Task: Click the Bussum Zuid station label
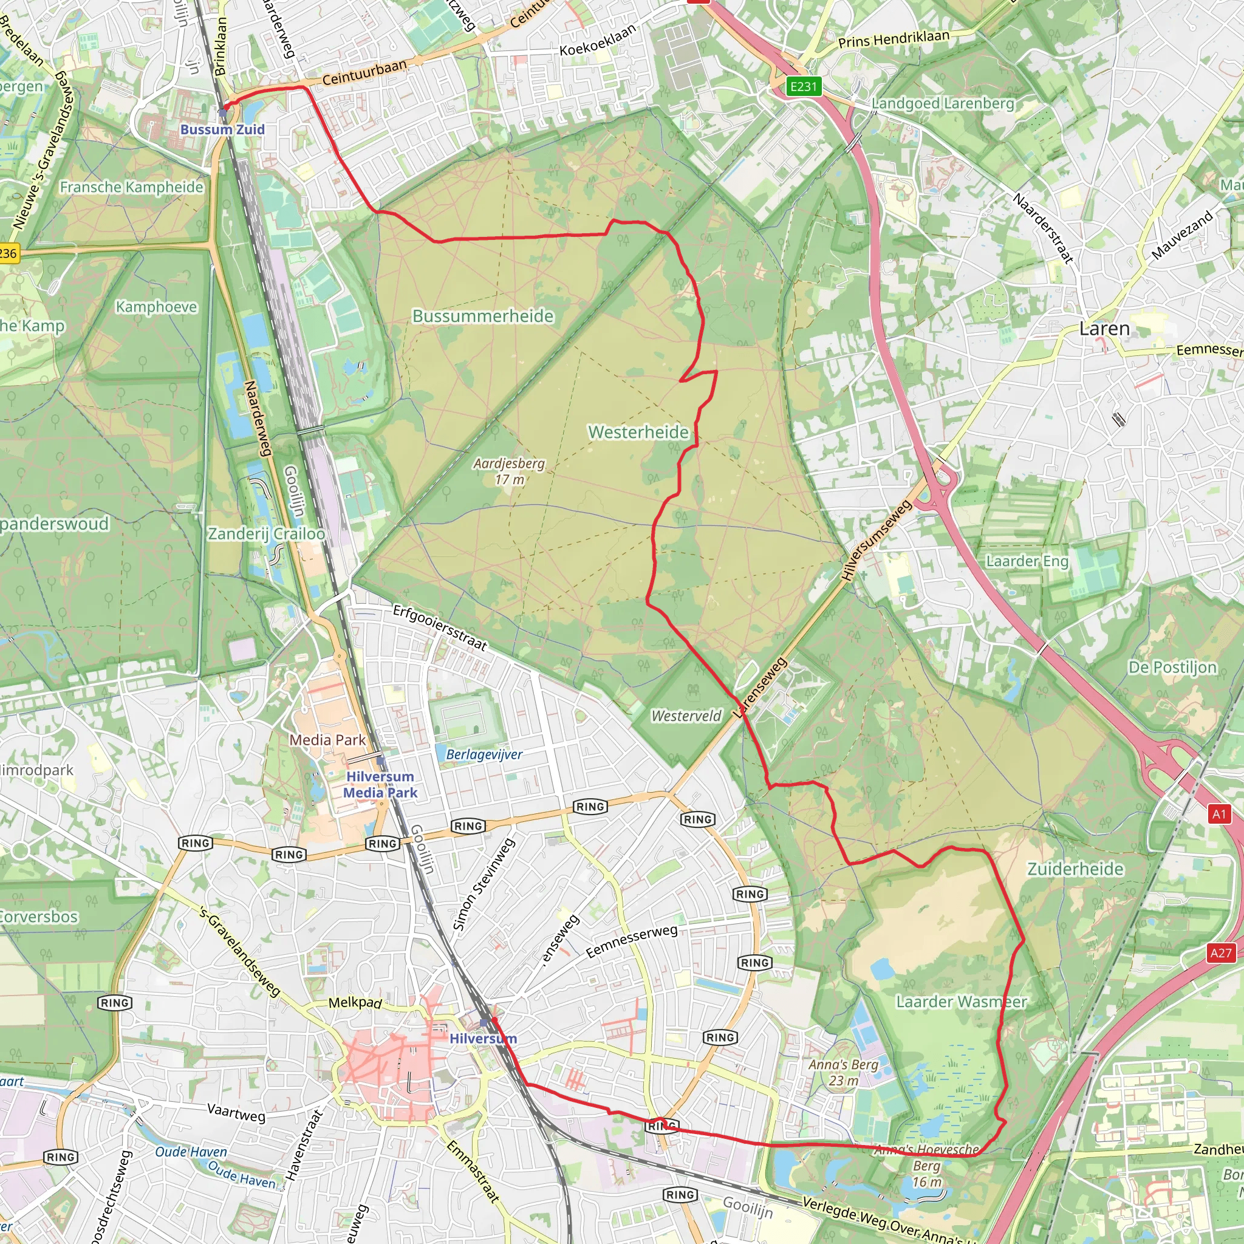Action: click(222, 129)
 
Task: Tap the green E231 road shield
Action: click(804, 86)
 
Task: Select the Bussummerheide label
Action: click(483, 316)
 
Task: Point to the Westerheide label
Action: click(638, 432)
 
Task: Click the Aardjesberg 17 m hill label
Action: click(508, 471)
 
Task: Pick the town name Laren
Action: click(1104, 329)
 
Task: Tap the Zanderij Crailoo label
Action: click(266, 534)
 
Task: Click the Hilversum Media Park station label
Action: click(380, 784)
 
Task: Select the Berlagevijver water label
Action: click(484, 754)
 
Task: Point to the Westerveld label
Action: click(686, 716)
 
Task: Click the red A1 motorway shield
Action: click(1219, 815)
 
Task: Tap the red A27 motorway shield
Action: click(1220, 953)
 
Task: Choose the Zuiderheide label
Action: click(1075, 869)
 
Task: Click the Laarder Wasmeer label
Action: click(962, 1002)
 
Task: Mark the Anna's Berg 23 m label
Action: click(844, 1073)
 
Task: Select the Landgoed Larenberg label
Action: click(943, 104)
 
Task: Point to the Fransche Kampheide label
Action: click(131, 187)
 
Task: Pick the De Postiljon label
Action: click(1172, 667)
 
